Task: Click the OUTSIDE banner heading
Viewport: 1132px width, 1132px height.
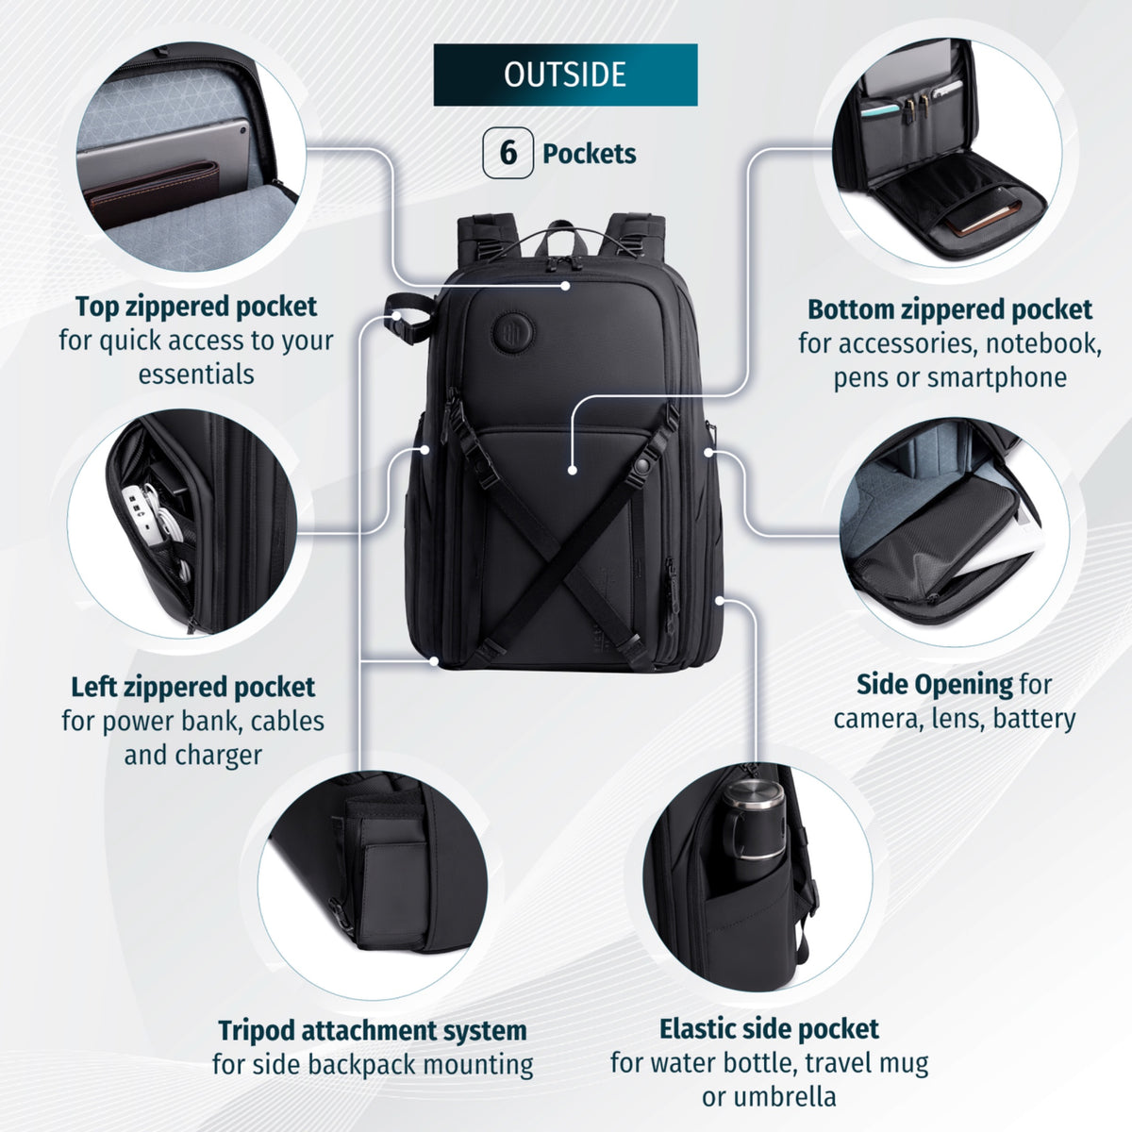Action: (x=565, y=75)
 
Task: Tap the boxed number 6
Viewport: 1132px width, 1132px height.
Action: (x=508, y=153)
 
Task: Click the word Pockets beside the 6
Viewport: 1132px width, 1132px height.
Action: (x=590, y=154)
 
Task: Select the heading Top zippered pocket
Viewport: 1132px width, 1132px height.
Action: (x=196, y=307)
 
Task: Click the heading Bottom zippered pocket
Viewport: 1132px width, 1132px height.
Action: (x=950, y=309)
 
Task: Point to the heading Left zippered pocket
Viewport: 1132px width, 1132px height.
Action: (x=193, y=688)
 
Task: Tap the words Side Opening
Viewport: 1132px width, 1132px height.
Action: (x=935, y=684)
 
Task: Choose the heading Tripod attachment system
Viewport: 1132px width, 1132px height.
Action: (x=373, y=1030)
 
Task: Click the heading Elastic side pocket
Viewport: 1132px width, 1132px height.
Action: (x=769, y=1028)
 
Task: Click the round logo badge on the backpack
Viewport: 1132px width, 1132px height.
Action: (x=513, y=334)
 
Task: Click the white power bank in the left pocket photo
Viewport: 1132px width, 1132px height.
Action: (x=140, y=512)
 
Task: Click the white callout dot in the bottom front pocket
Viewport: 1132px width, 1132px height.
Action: (x=573, y=470)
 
